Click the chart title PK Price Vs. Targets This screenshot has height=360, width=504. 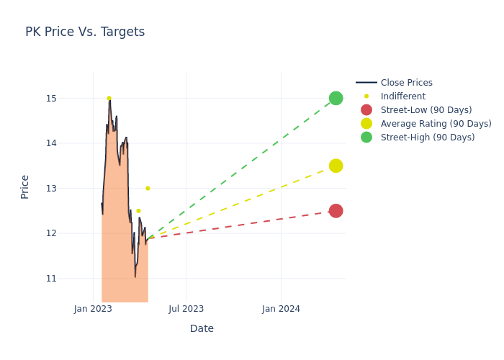coord(85,32)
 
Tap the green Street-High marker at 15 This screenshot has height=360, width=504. coord(336,98)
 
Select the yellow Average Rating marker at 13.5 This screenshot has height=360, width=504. coord(336,166)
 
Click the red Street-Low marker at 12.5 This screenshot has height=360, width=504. coord(336,211)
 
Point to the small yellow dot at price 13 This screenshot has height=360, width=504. coord(148,189)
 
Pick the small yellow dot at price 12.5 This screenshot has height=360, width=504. coord(138,211)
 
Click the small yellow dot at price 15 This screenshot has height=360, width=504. coord(109,98)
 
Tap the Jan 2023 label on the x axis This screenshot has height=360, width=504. coord(93,309)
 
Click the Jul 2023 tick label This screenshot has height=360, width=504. coord(186,309)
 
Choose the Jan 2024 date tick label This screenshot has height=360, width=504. coord(281,309)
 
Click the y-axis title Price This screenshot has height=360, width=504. coord(25,186)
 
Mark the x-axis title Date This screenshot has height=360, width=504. coord(202,328)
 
